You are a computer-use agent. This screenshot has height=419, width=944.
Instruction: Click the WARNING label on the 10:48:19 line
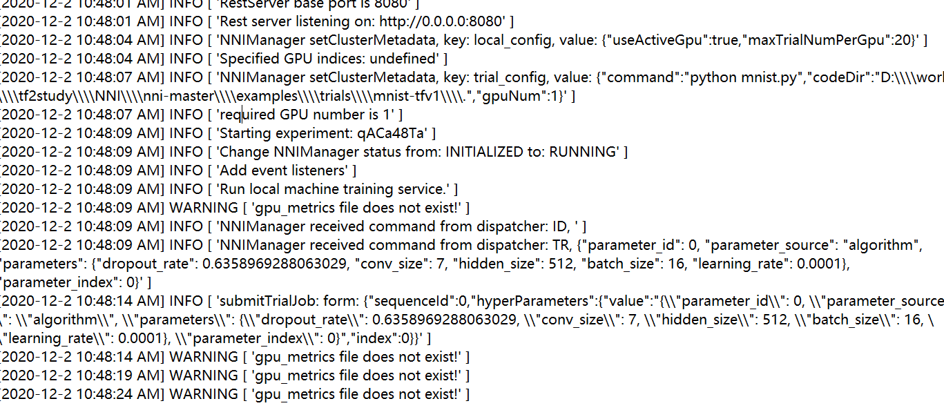click(204, 376)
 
